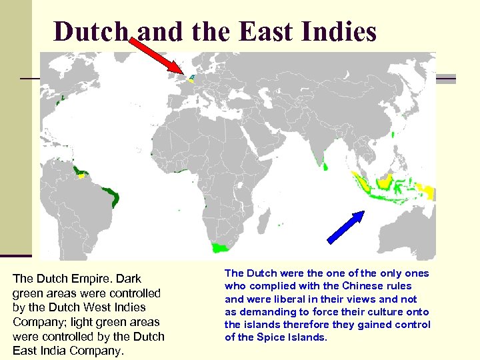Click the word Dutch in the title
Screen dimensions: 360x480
[87, 31]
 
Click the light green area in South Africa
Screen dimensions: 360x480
[219, 247]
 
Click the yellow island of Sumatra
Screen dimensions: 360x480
[362, 181]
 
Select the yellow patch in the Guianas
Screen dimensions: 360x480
[82, 176]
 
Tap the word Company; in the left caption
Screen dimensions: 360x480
[38, 323]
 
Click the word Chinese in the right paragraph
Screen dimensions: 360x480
[374, 286]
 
